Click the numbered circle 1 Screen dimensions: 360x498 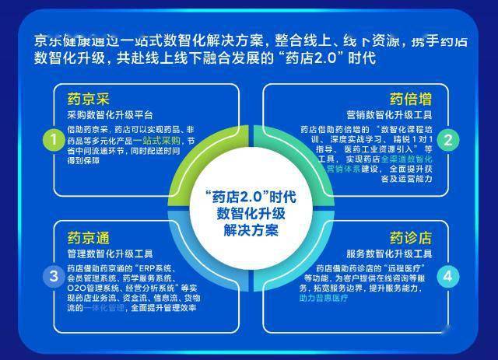click(x=53, y=140)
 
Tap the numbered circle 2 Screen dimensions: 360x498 click(x=447, y=140)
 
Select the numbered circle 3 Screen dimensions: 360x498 click(x=53, y=276)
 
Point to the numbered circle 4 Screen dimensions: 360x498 click(x=447, y=276)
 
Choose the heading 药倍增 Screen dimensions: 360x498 click(x=410, y=99)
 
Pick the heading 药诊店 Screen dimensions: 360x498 click(x=410, y=236)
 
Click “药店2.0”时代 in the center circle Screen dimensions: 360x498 click(x=249, y=196)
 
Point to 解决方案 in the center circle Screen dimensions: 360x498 click(x=249, y=231)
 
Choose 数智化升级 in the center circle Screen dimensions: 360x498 click(x=249, y=213)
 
